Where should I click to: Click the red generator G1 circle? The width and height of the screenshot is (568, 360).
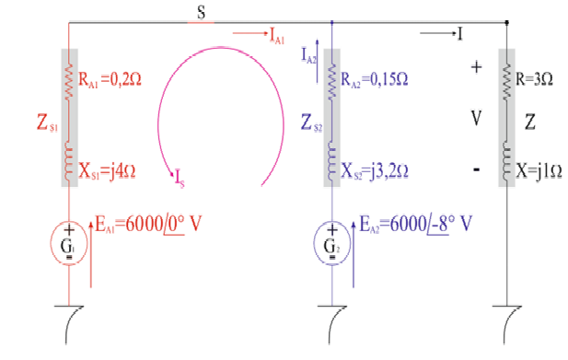(68, 243)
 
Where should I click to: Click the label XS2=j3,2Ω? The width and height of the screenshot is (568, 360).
(375, 170)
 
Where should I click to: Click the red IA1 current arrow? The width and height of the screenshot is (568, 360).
(249, 34)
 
